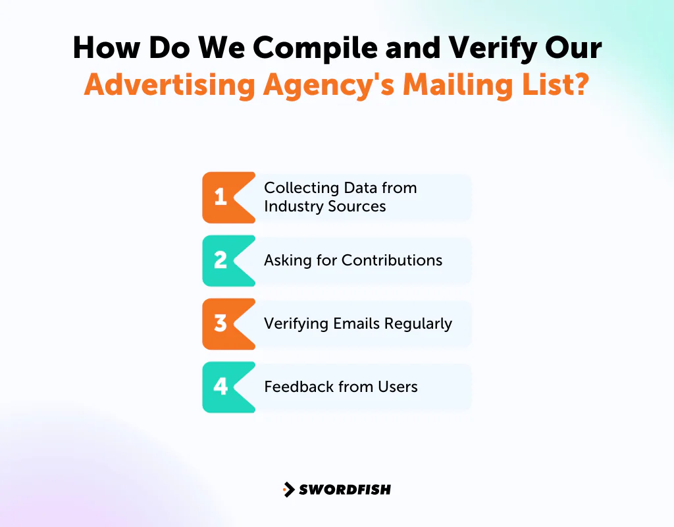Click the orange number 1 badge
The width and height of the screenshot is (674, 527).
[x=221, y=197]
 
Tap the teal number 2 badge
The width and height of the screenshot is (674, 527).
[x=221, y=260]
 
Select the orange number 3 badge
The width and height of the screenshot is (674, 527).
[x=221, y=323]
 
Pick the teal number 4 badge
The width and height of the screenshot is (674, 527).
[x=221, y=387]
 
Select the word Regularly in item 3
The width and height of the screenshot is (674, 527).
[x=419, y=323]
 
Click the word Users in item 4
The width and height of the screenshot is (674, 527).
[x=398, y=387]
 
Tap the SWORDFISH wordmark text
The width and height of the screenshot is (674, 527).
[x=345, y=489]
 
